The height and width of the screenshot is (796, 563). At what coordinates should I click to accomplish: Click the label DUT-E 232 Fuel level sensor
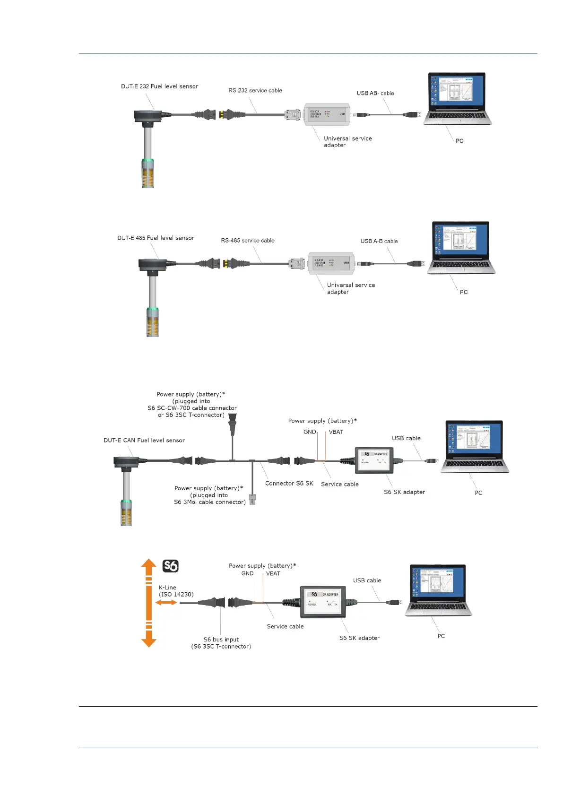159,87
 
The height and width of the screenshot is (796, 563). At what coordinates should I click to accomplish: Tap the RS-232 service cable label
255,90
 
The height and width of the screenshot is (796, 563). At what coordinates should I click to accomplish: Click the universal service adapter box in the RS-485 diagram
331,263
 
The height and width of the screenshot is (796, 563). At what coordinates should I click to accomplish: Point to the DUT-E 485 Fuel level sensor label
156,238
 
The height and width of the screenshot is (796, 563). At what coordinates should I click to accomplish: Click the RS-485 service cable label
247,241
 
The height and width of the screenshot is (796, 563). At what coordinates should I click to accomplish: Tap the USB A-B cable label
379,241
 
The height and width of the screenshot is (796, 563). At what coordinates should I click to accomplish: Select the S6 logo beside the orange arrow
170,566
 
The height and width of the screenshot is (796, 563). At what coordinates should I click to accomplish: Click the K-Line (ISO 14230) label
176,591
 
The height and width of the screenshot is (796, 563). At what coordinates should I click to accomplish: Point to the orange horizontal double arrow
166,602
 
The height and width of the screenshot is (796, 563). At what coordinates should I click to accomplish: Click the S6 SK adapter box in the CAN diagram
374,460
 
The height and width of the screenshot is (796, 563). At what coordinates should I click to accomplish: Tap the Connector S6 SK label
289,483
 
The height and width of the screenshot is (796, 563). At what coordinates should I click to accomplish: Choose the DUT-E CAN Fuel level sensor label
144,440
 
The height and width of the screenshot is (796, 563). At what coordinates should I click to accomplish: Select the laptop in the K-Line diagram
438,590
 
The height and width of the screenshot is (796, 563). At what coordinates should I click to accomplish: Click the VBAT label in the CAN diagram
336,432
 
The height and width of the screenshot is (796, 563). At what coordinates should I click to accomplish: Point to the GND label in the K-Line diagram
247,573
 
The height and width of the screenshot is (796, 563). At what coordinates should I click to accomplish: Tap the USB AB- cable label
375,93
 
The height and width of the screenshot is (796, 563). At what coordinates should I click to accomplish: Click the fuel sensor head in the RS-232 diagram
148,115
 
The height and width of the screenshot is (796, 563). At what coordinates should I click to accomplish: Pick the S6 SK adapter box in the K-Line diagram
323,601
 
